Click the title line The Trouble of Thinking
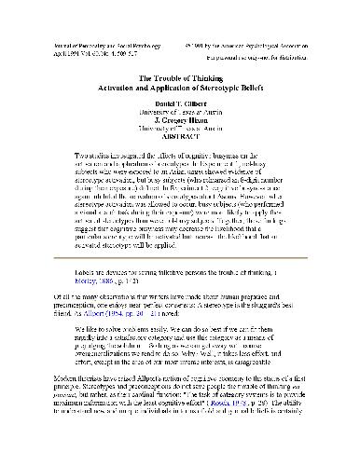[x=179, y=77]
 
